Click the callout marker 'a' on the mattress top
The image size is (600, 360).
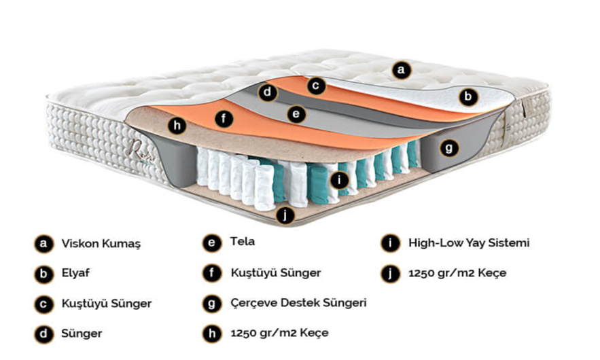coord(401,69)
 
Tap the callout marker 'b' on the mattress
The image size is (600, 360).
coord(467,97)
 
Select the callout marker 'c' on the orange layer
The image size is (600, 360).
coord(315,86)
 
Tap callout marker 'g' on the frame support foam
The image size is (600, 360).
coord(448,147)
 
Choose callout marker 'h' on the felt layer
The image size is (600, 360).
coord(177,126)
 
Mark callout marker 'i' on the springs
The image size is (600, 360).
coord(338,180)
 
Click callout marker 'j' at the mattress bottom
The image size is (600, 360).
coord(286,215)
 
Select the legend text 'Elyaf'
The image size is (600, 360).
coord(75,273)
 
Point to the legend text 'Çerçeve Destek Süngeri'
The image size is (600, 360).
coord(298,303)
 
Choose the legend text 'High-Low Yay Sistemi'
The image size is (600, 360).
coord(468,242)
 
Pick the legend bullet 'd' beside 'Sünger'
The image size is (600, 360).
coord(42,334)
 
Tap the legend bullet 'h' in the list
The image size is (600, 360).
coord(211,334)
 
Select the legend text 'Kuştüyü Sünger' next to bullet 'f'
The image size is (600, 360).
coord(275,273)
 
